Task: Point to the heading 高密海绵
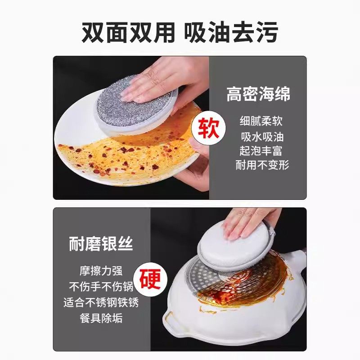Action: click(x=258, y=94)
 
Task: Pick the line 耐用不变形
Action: click(x=261, y=165)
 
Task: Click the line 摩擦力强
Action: click(x=101, y=271)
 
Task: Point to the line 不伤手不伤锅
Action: click(x=101, y=287)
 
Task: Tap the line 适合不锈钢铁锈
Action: click(x=101, y=302)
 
